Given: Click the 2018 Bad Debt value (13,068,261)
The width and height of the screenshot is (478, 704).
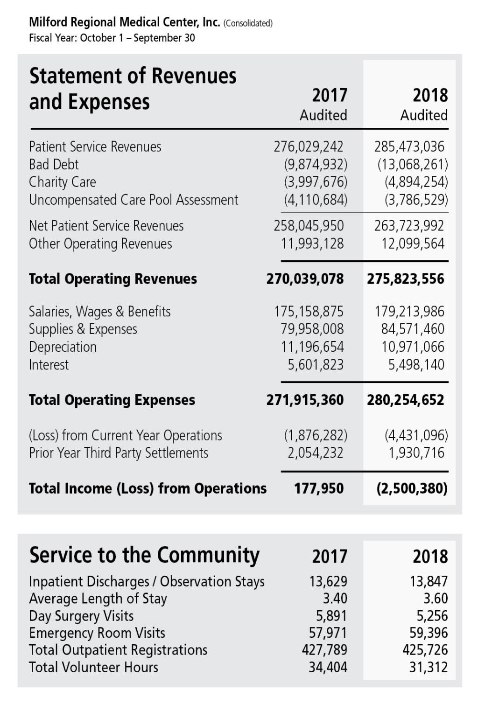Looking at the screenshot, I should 413,164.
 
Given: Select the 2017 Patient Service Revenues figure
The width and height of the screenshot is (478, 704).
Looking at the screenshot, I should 308,146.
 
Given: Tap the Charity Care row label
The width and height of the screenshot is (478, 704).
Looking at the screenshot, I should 63,182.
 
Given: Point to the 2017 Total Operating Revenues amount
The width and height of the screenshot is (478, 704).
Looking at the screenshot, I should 305,279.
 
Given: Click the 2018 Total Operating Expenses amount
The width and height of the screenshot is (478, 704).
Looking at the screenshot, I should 405,400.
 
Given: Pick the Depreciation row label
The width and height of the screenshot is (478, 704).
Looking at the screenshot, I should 63,347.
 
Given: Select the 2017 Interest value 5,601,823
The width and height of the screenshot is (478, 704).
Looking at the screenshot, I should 316,364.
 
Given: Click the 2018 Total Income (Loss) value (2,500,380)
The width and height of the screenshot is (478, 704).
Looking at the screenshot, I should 412,488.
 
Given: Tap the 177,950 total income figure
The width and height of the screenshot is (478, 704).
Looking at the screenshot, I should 318,488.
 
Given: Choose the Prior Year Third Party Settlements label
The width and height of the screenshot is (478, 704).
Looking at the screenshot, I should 119,453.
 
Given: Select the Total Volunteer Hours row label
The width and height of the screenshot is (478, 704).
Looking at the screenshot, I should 93,668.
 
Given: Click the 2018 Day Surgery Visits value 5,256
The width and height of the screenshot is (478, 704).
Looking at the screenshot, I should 432,616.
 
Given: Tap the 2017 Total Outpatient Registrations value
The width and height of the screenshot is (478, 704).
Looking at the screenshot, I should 324,650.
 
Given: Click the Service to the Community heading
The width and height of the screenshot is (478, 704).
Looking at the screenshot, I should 144,555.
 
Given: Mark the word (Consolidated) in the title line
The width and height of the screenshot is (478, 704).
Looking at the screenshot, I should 248,23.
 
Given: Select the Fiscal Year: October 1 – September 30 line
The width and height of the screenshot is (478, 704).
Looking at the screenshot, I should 112,38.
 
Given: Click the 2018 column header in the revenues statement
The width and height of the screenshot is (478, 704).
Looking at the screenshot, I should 430,96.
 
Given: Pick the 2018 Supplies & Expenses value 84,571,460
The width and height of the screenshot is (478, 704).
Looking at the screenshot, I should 413,329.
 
